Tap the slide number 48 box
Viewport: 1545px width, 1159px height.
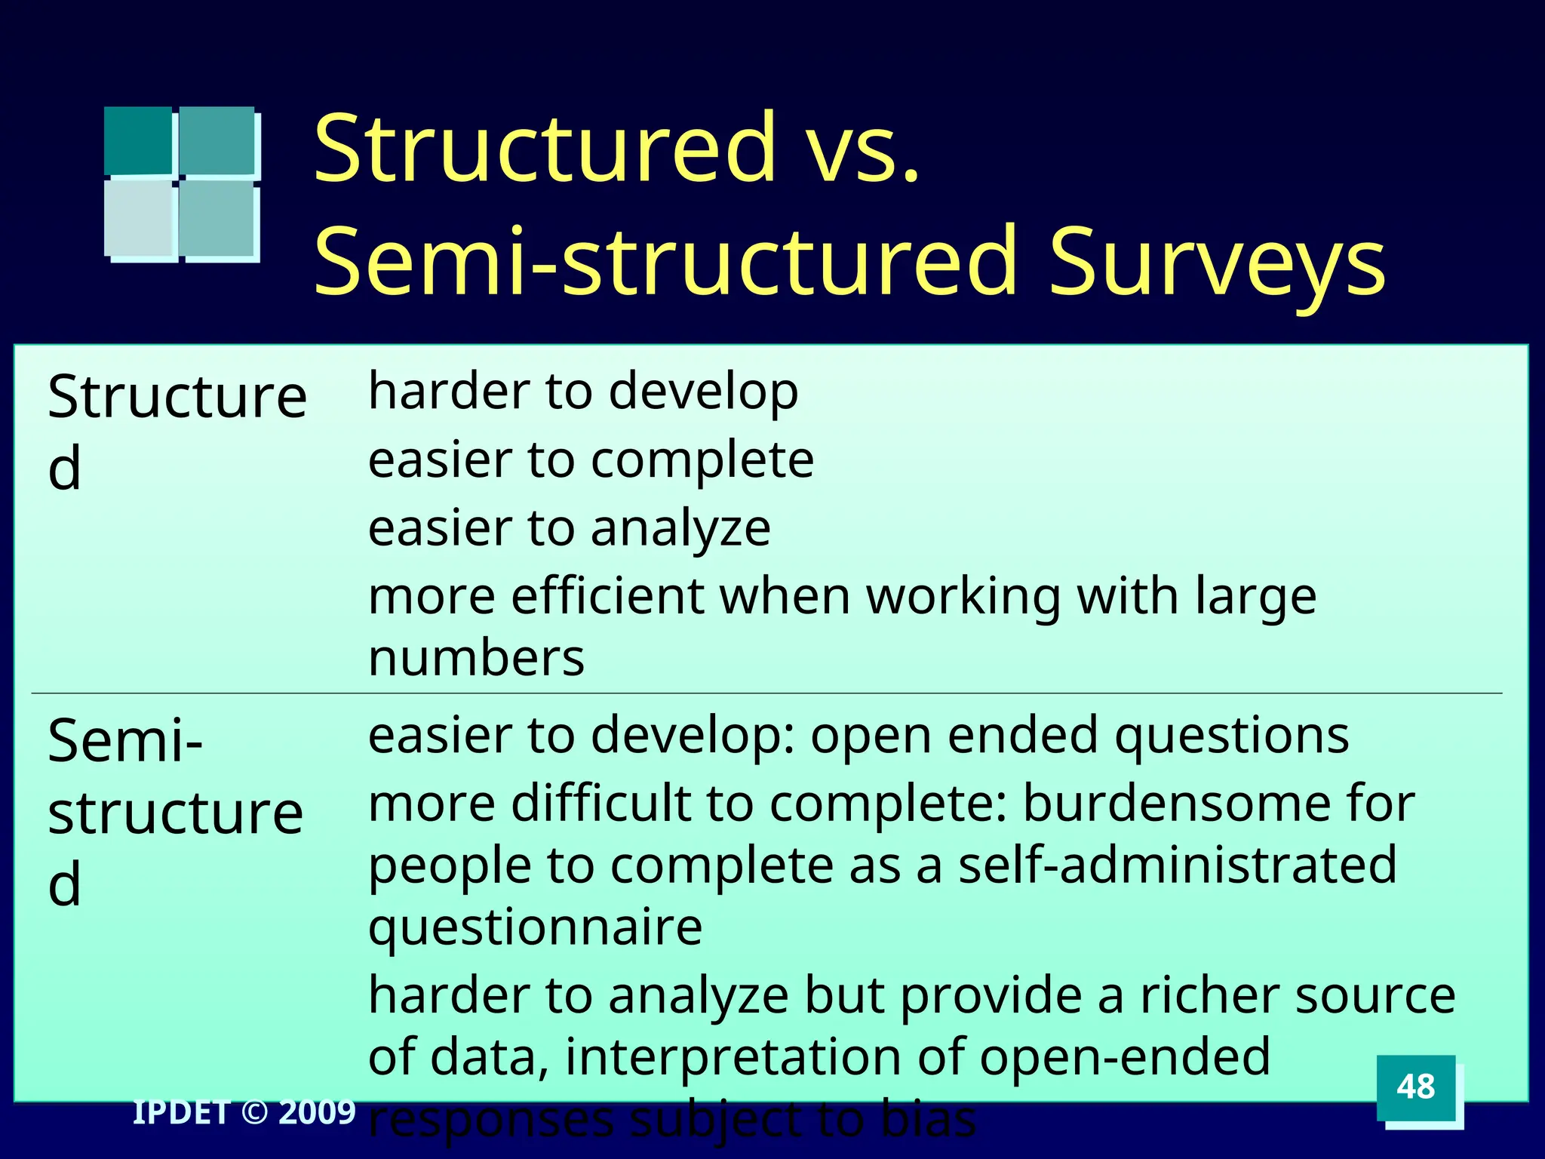(x=1415, y=1087)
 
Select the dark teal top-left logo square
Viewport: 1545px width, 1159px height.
(x=138, y=141)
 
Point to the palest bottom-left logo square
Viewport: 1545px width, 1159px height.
(x=140, y=218)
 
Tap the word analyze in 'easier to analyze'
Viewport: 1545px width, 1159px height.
(x=680, y=528)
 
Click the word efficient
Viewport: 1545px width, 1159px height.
(x=607, y=596)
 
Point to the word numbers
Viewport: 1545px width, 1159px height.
(x=476, y=658)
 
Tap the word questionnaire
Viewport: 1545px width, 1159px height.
(x=535, y=927)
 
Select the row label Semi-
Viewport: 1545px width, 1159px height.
(x=125, y=741)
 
